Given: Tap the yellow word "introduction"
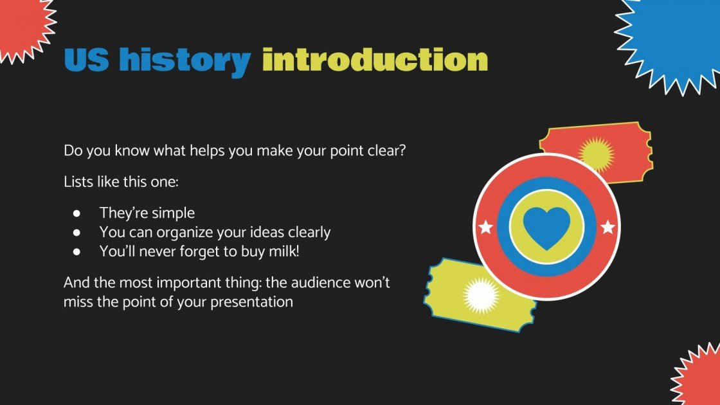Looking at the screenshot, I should click(375, 60).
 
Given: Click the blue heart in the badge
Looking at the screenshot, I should click(546, 227).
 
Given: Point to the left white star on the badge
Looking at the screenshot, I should click(485, 227).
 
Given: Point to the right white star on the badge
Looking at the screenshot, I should click(607, 227).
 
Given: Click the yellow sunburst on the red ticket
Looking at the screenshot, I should click(596, 154).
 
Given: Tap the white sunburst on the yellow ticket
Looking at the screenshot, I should click(481, 295).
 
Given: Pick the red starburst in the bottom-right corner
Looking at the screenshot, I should click(699, 379).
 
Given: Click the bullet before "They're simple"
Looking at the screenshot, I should click(77, 213).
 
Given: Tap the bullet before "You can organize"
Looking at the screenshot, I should click(77, 232).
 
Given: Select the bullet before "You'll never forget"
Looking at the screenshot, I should click(77, 251).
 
